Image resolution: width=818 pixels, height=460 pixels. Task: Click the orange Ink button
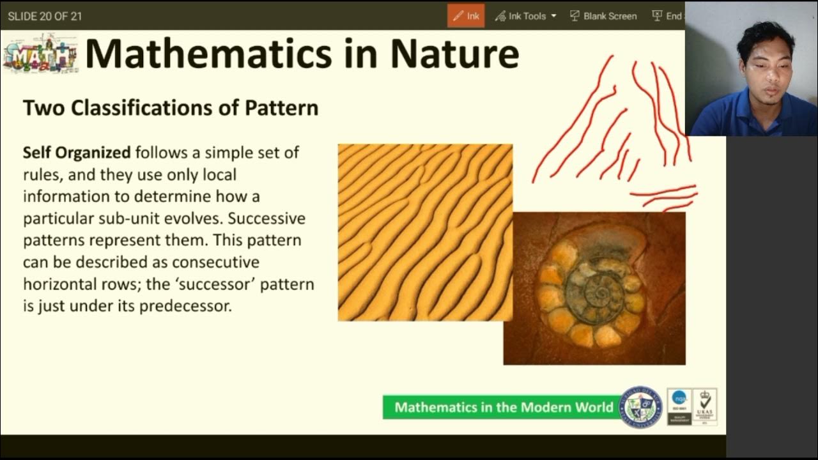tap(466, 16)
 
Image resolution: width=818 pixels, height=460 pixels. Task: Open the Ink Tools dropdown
tap(525, 16)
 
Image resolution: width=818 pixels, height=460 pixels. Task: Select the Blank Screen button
tap(603, 16)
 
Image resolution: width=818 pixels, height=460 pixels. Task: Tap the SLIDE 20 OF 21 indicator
tap(45, 16)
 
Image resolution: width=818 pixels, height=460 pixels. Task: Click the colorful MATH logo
tap(40, 54)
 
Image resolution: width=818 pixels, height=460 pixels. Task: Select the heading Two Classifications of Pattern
tap(171, 107)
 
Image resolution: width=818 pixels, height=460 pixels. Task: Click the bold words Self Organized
tap(77, 153)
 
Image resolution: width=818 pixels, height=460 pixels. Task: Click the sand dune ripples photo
tap(425, 232)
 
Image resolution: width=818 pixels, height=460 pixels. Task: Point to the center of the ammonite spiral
tap(601, 293)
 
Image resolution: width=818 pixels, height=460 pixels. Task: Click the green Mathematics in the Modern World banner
tap(504, 407)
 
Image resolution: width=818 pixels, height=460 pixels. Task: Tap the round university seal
tap(642, 407)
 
